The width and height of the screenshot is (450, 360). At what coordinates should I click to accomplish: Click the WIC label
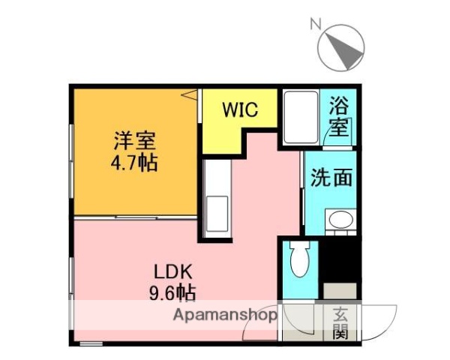coord(239,109)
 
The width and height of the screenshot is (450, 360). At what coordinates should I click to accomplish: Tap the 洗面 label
coord(331,178)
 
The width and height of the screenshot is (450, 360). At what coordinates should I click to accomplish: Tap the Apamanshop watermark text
coord(224,315)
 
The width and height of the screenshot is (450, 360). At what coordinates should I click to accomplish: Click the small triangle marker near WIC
coord(190,95)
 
